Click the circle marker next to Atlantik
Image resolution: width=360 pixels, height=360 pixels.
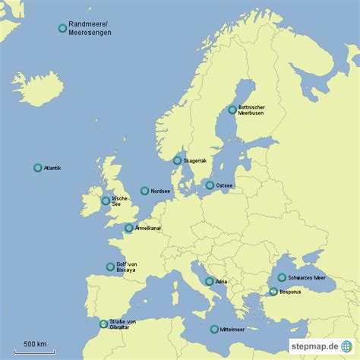coord(38,168)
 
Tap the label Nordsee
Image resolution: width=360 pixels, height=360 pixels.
coord(160,191)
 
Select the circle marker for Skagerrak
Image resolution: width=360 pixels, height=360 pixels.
coord(177,160)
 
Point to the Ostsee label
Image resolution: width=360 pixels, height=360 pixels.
coord(225,185)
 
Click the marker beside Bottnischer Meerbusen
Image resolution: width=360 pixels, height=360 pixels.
coord(232,109)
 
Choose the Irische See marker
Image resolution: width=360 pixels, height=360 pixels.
coord(106,201)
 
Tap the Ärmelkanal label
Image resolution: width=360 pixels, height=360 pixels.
coord(147,228)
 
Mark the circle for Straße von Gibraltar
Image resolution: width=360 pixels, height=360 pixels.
coord(104,324)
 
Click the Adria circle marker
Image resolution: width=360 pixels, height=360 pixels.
coord(208,282)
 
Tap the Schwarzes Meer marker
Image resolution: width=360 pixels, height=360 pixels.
coord(282,278)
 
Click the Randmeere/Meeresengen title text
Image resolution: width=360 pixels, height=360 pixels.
coord(89,29)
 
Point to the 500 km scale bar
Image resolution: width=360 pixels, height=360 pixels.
coord(34,351)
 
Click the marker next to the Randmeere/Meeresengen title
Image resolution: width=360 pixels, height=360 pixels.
coord(62,29)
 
